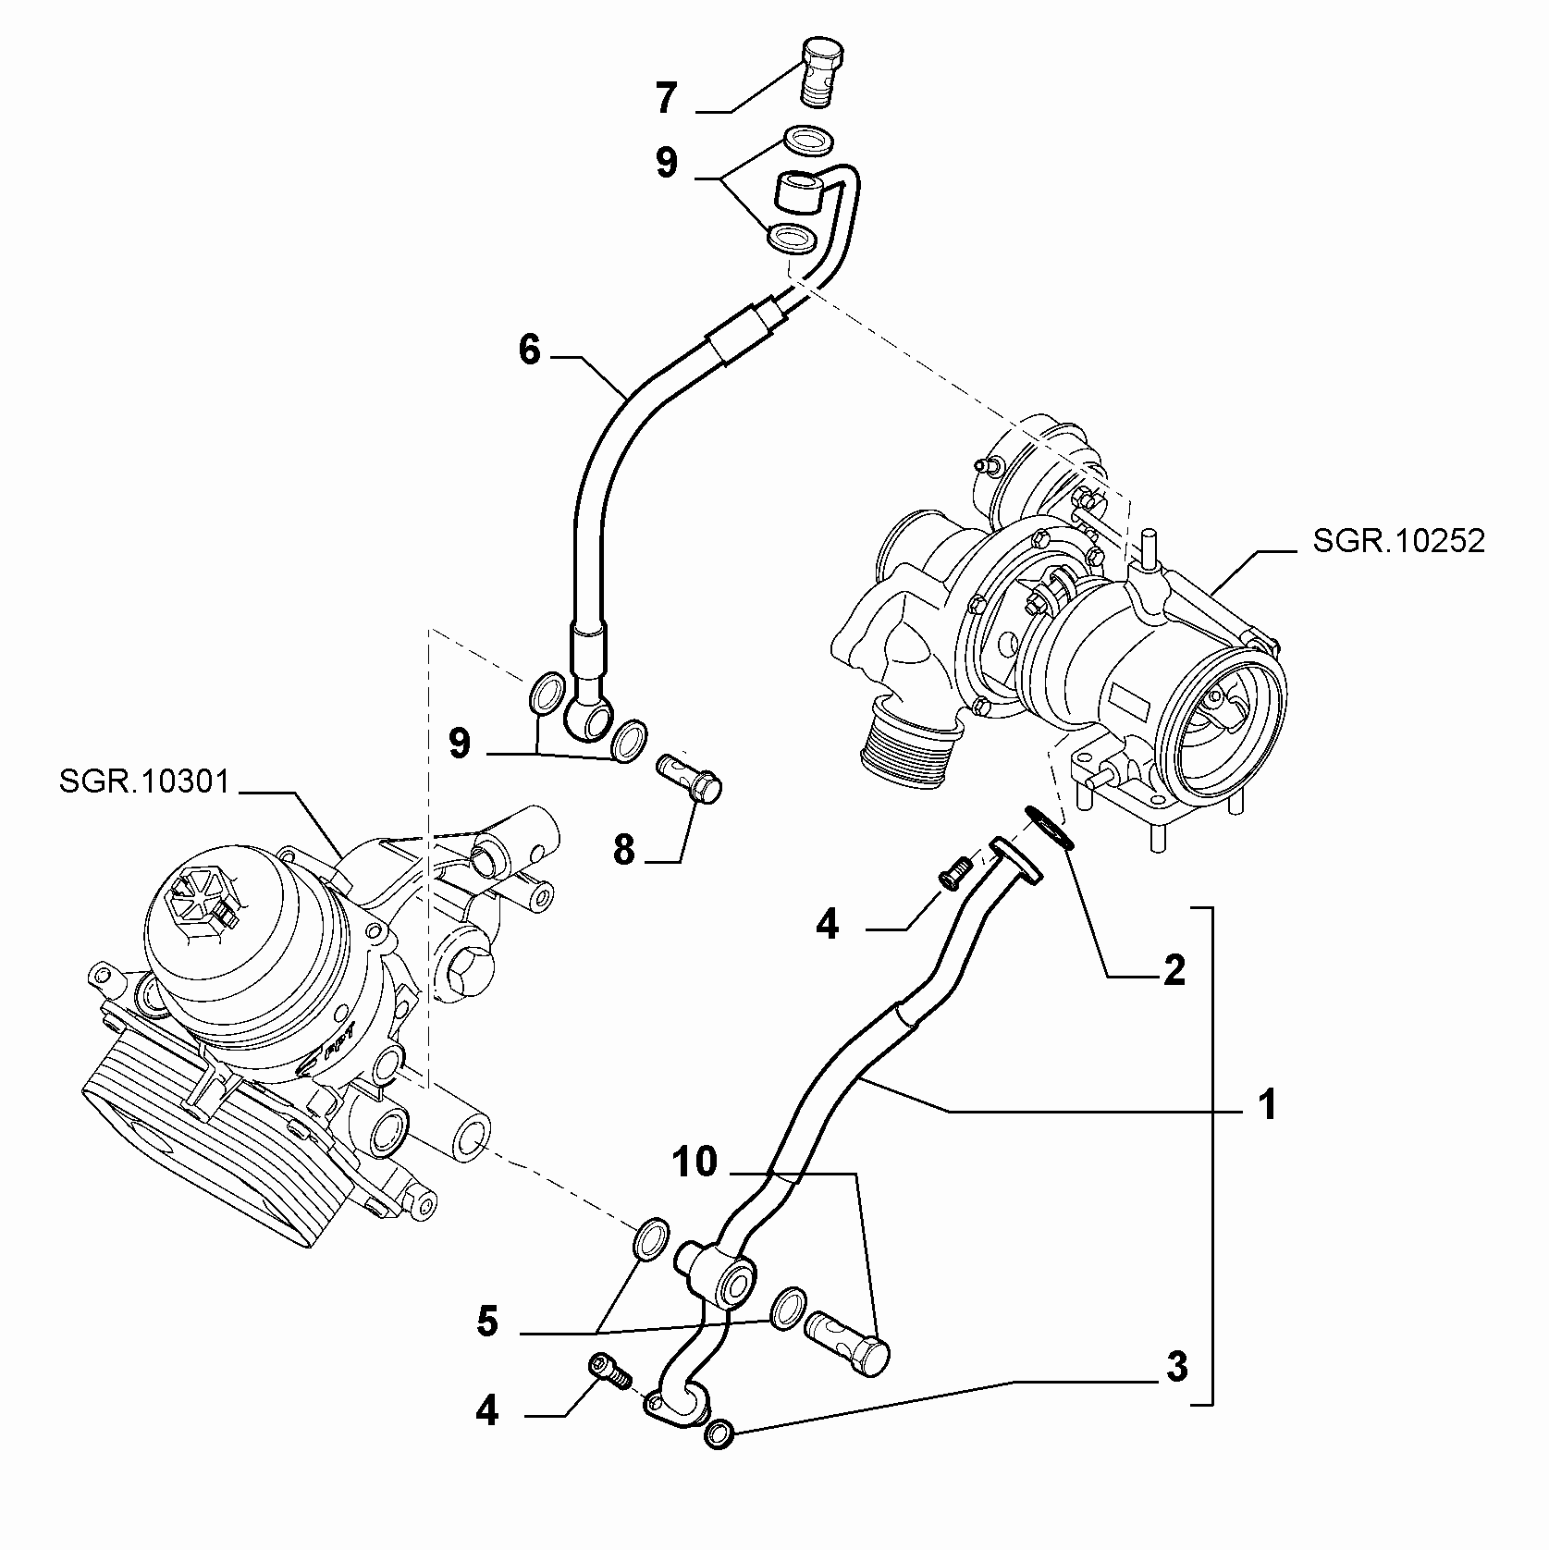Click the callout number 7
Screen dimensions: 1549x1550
point(667,98)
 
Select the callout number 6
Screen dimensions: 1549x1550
point(529,351)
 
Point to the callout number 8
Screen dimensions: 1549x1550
point(624,848)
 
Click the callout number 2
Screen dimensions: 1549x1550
point(1174,970)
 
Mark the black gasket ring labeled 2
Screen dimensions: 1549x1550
point(1049,827)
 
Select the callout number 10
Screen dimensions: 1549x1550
point(695,1162)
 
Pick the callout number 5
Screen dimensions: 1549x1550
point(487,1322)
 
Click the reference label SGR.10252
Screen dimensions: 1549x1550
point(1398,541)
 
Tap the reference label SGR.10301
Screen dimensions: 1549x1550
point(144,781)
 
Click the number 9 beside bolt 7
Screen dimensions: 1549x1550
point(667,163)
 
